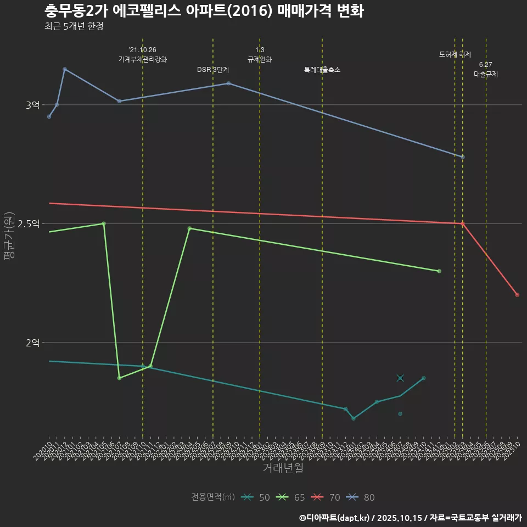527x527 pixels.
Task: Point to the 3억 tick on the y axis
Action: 32,105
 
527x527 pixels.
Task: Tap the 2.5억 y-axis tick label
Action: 29,223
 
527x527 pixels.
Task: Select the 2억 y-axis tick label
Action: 32,343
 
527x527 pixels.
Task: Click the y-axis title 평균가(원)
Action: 9,238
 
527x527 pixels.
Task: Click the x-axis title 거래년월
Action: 283,468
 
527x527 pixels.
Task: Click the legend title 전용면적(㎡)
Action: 213,497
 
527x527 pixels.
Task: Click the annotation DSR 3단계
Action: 213,70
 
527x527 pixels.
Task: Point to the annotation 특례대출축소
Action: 322,70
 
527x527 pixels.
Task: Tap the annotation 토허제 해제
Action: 455,54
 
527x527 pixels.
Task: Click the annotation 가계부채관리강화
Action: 143,59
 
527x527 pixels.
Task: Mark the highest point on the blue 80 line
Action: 65,69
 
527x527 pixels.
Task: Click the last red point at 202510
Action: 517,295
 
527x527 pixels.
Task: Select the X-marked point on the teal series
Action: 400,378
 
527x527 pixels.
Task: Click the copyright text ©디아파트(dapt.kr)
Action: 335,518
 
